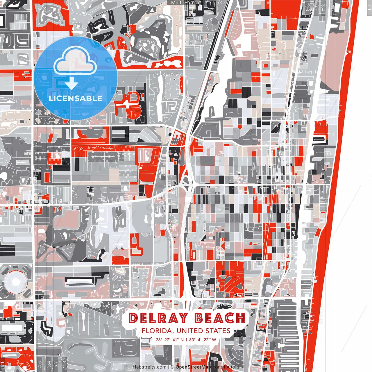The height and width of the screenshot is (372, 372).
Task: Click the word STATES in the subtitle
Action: (218, 331)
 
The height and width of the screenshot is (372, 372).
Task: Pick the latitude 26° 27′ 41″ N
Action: (170, 340)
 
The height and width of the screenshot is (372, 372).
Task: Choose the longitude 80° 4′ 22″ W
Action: (203, 340)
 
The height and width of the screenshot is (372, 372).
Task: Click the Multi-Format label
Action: (186, 3)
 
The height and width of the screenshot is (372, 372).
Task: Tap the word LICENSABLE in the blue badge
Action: (76, 98)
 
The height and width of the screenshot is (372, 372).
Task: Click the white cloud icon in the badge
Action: (75, 62)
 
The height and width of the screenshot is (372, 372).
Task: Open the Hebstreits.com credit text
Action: (149, 367)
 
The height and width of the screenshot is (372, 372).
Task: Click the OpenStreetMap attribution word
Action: (194, 367)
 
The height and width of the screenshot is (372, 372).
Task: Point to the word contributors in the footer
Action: (226, 367)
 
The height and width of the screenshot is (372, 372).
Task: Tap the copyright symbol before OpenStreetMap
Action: (172, 367)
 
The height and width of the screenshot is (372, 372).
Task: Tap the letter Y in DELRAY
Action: (182, 318)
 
